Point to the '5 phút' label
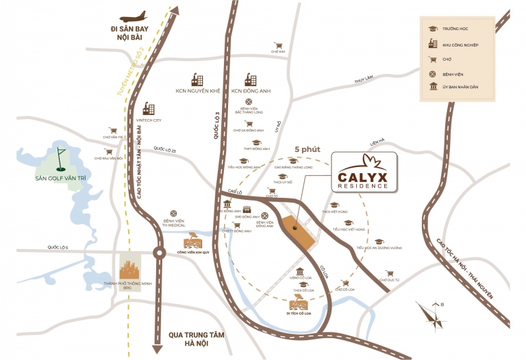point(306,149)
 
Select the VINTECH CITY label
point(148,120)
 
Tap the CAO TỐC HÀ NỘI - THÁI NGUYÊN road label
point(465,267)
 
